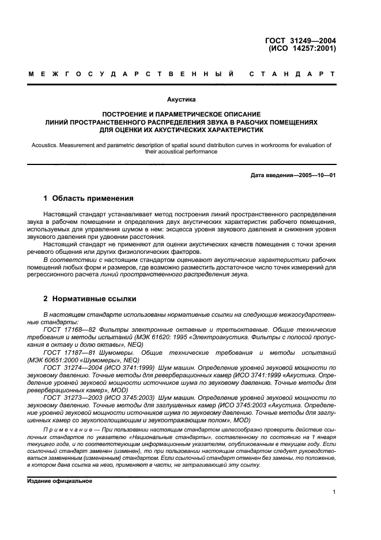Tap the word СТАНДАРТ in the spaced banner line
click(x=292, y=74)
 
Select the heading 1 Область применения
click(x=88, y=198)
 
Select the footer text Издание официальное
click(x=59, y=481)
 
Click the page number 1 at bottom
click(x=334, y=492)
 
